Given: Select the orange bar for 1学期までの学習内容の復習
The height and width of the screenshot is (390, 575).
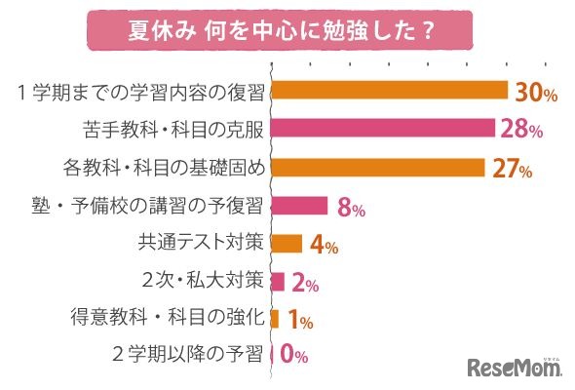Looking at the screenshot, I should click(x=390, y=90).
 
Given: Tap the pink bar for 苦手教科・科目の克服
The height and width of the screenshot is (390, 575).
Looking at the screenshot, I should click(x=383, y=128).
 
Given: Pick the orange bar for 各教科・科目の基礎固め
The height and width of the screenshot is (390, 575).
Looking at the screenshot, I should click(x=378, y=167).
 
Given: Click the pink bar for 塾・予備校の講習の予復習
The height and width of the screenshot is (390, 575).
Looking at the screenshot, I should click(x=299, y=205).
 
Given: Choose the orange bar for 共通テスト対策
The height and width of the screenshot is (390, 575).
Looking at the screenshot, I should click(x=287, y=243).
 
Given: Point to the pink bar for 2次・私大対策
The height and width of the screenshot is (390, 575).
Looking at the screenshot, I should click(x=278, y=281).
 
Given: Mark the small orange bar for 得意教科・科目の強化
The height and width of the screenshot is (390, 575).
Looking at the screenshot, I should click(x=275, y=318).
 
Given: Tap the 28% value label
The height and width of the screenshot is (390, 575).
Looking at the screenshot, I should click(x=521, y=131).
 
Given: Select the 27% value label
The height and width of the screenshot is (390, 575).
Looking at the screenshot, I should click(x=511, y=170).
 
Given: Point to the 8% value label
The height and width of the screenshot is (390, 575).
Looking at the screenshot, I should click(x=351, y=208).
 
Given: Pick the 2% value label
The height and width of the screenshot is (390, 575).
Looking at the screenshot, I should click(x=305, y=284).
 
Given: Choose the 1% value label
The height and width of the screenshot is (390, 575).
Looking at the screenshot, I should click(x=298, y=321).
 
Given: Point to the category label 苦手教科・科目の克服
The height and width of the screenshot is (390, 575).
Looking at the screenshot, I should click(x=174, y=129).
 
